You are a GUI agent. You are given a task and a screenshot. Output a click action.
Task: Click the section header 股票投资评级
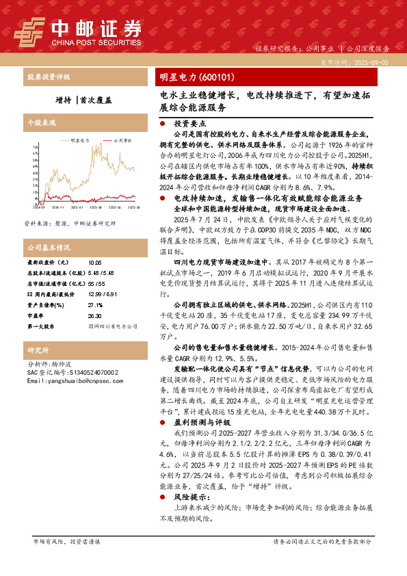click(48, 77)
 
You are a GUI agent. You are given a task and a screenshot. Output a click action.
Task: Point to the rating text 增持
click(64, 99)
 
